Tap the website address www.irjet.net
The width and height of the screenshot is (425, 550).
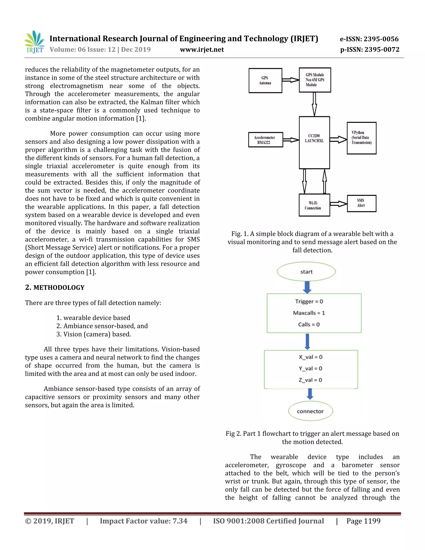202,50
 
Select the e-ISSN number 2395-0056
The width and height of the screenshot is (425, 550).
369,39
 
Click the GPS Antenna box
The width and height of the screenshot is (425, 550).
265,81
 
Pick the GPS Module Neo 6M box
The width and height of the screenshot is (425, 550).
315,80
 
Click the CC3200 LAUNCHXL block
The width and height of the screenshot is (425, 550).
314,142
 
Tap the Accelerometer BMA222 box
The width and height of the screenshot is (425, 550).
265,140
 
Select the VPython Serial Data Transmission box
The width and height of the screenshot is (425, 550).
361,138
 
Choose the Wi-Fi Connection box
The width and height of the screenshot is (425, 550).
314,205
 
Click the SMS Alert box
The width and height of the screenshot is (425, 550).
361,203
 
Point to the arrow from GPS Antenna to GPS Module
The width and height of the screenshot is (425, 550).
290,80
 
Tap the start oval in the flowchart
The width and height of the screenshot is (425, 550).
306,272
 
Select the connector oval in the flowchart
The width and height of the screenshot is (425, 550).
310,411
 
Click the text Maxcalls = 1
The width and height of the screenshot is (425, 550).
309,313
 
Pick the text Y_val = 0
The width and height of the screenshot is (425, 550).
310,368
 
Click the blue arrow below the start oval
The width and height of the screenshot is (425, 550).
307,287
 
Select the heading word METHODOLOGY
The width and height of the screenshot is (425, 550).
59,288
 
